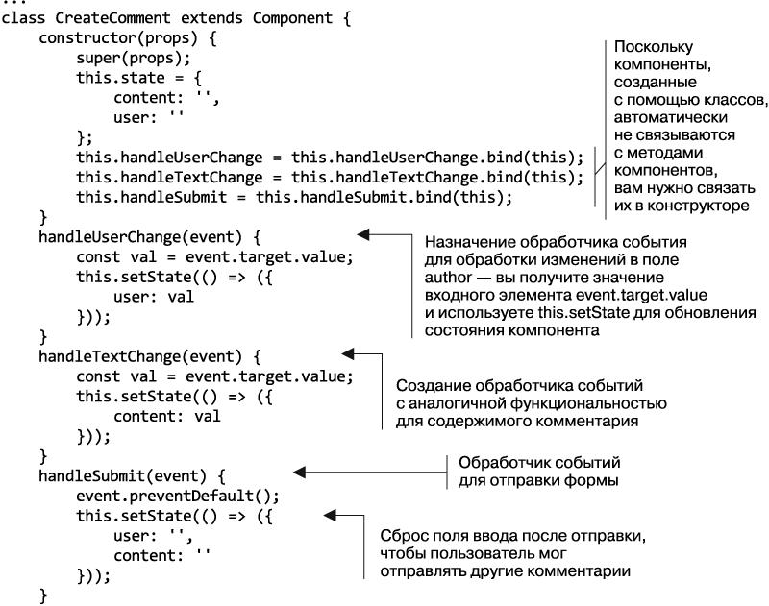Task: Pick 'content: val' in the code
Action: [166, 416]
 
